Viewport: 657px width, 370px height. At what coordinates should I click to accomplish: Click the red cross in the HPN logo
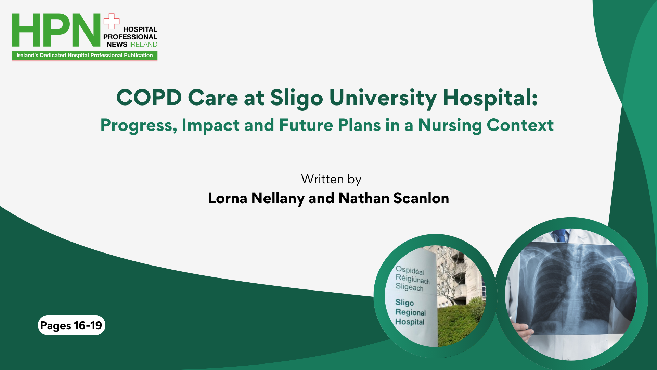pyautogui.click(x=112, y=22)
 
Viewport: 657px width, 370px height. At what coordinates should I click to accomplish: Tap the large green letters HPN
pyautogui.click(x=56, y=30)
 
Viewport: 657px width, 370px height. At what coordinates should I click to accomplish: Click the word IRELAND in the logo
pyautogui.click(x=143, y=45)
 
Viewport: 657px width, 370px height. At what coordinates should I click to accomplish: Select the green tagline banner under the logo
pyautogui.click(x=85, y=56)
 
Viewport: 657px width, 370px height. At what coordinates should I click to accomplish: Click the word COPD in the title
pyautogui.click(x=149, y=98)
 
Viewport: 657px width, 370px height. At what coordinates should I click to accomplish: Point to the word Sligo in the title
pyautogui.click(x=296, y=98)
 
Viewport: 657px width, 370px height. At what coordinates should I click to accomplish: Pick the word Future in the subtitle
pyautogui.click(x=306, y=125)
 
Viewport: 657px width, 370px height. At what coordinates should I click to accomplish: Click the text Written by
pyautogui.click(x=331, y=180)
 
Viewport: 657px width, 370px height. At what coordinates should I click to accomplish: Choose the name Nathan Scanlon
pyautogui.click(x=394, y=198)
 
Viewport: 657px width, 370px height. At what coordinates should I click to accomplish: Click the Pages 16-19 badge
pyautogui.click(x=72, y=325)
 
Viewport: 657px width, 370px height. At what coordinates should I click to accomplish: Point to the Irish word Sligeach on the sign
pyautogui.click(x=409, y=287)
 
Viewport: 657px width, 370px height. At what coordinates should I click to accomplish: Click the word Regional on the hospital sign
pyautogui.click(x=411, y=312)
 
